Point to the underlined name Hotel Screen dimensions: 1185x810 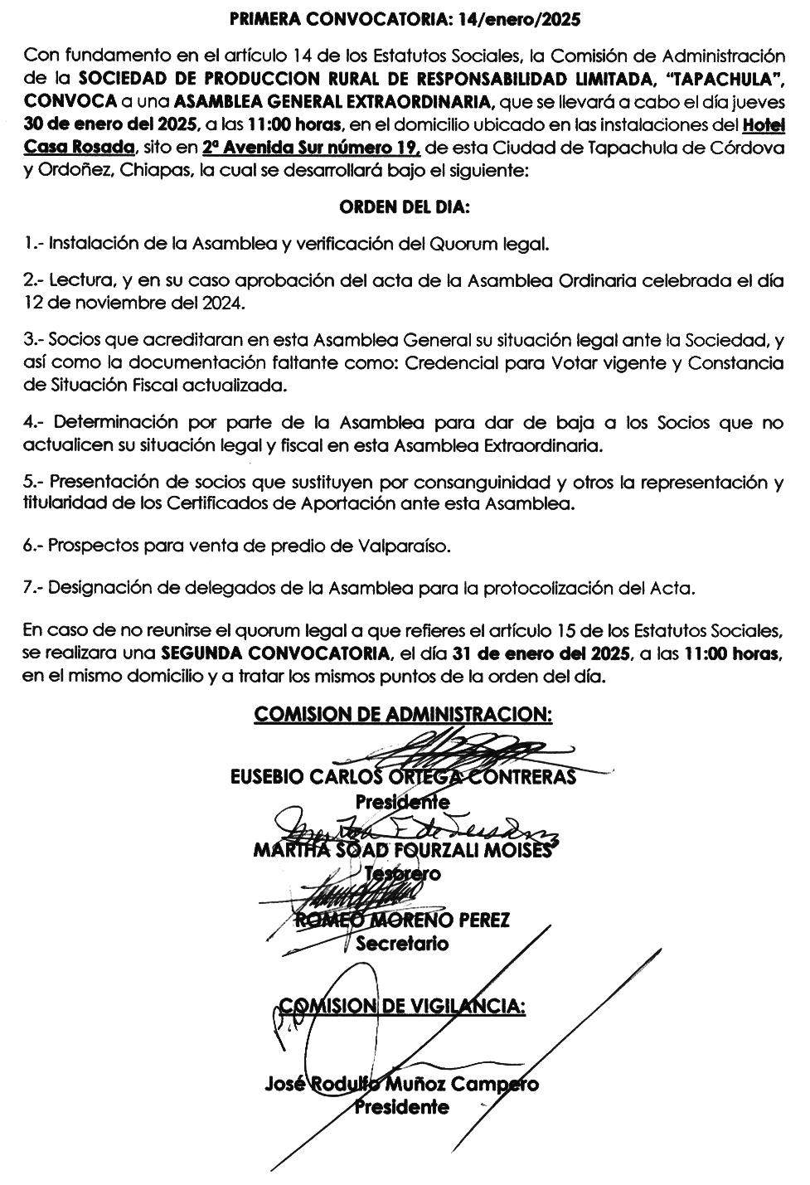coord(764,126)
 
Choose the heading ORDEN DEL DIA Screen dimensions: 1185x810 coord(404,207)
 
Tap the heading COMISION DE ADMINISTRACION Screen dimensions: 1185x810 coord(403,714)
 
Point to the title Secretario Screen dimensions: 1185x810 coord(403,943)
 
